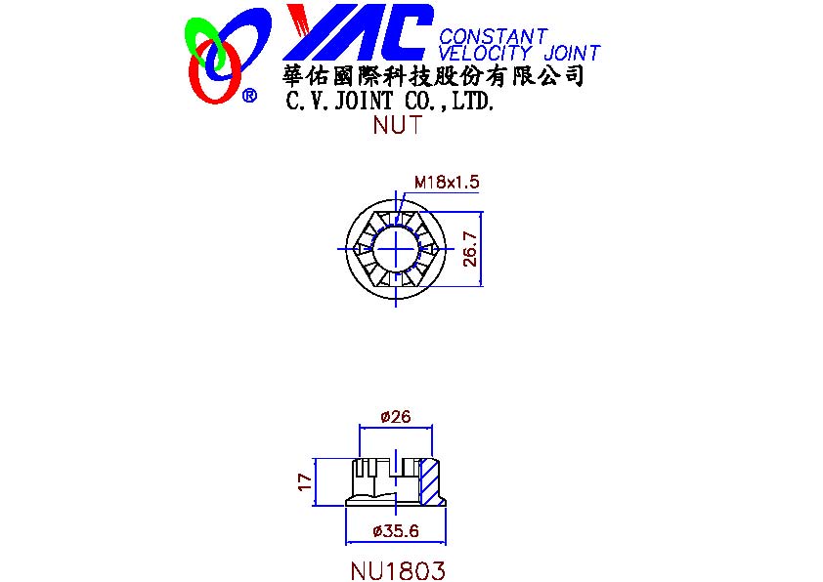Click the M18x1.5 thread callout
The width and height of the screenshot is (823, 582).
pos(447,182)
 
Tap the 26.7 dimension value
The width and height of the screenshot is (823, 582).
pos(470,249)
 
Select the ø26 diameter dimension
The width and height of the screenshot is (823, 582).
pos(396,417)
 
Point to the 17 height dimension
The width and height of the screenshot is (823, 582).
pos(305,481)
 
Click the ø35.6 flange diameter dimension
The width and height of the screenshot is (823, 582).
pos(396,531)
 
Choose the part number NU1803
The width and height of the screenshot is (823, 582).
pos(398,570)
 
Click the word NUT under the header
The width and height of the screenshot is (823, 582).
pos(398,125)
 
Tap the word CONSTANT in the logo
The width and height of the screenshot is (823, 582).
pos(493,36)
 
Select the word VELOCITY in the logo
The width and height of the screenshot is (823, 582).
pos(485,53)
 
